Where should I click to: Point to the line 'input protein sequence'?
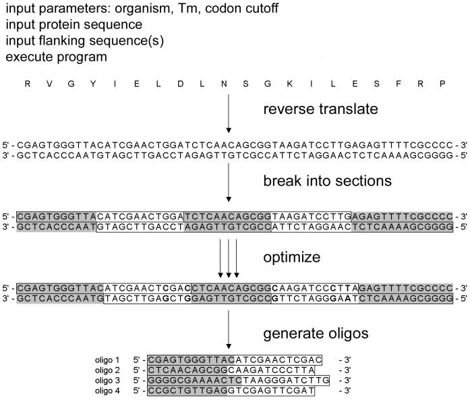click(x=74, y=25)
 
